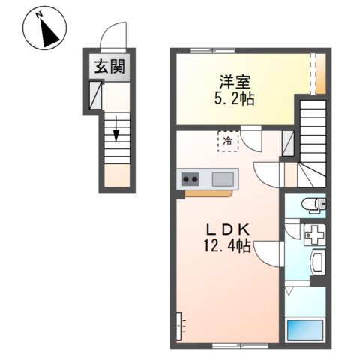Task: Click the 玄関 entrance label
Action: pyautogui.click(x=109, y=67)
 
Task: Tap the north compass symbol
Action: pyautogui.click(x=45, y=28)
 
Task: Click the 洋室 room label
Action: pyautogui.click(x=235, y=82)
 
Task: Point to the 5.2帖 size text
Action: pyautogui.click(x=234, y=99)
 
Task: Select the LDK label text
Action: pyautogui.click(x=228, y=229)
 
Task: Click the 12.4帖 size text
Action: pyautogui.click(x=227, y=245)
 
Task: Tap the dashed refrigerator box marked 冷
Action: pyautogui.click(x=228, y=141)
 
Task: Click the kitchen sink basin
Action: pyautogui.click(x=223, y=179)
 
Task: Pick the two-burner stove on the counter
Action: pyautogui.click(x=190, y=179)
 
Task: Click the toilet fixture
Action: pyautogui.click(x=313, y=205)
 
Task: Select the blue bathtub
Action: pyautogui.click(x=305, y=330)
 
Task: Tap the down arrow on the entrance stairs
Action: pyautogui.click(x=115, y=129)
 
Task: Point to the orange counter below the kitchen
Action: pyautogui.click(x=208, y=193)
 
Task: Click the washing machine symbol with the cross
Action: pyautogui.click(x=315, y=235)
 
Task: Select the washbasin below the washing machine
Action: pyautogui.click(x=317, y=262)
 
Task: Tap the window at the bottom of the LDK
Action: pyautogui.click(x=240, y=346)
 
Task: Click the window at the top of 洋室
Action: pyautogui.click(x=212, y=51)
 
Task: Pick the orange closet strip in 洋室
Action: pyautogui.click(x=321, y=73)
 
